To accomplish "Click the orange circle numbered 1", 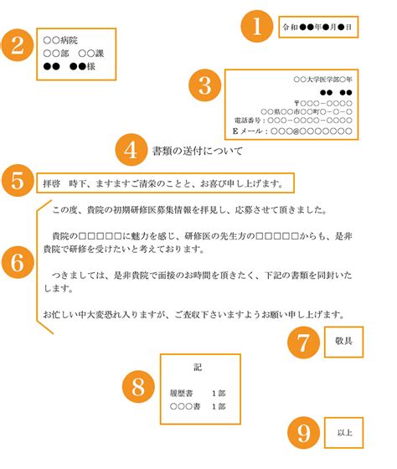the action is click(x=257, y=26).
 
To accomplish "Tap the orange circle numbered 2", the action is click(x=18, y=45).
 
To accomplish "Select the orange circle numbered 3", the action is click(x=205, y=85).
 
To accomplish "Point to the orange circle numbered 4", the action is click(x=131, y=150).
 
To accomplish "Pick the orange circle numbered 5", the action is click(x=18, y=180).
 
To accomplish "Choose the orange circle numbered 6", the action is click(x=18, y=262).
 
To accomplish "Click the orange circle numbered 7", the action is click(x=303, y=343).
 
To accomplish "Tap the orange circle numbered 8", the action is click(x=138, y=386).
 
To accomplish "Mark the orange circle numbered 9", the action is click(x=303, y=432).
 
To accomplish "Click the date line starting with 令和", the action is click(x=317, y=27).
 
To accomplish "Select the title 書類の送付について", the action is click(x=198, y=151).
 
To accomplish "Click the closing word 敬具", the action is click(x=343, y=341).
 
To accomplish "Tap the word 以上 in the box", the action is click(x=344, y=432).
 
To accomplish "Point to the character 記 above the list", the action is click(x=198, y=367).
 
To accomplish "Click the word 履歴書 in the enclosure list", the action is click(x=181, y=393).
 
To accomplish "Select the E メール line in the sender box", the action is click(x=292, y=131).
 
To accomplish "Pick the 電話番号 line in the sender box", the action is click(x=293, y=121).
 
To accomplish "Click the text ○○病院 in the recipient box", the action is click(x=60, y=40).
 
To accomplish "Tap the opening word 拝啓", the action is click(x=51, y=183).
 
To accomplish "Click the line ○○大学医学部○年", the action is click(x=322, y=80).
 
